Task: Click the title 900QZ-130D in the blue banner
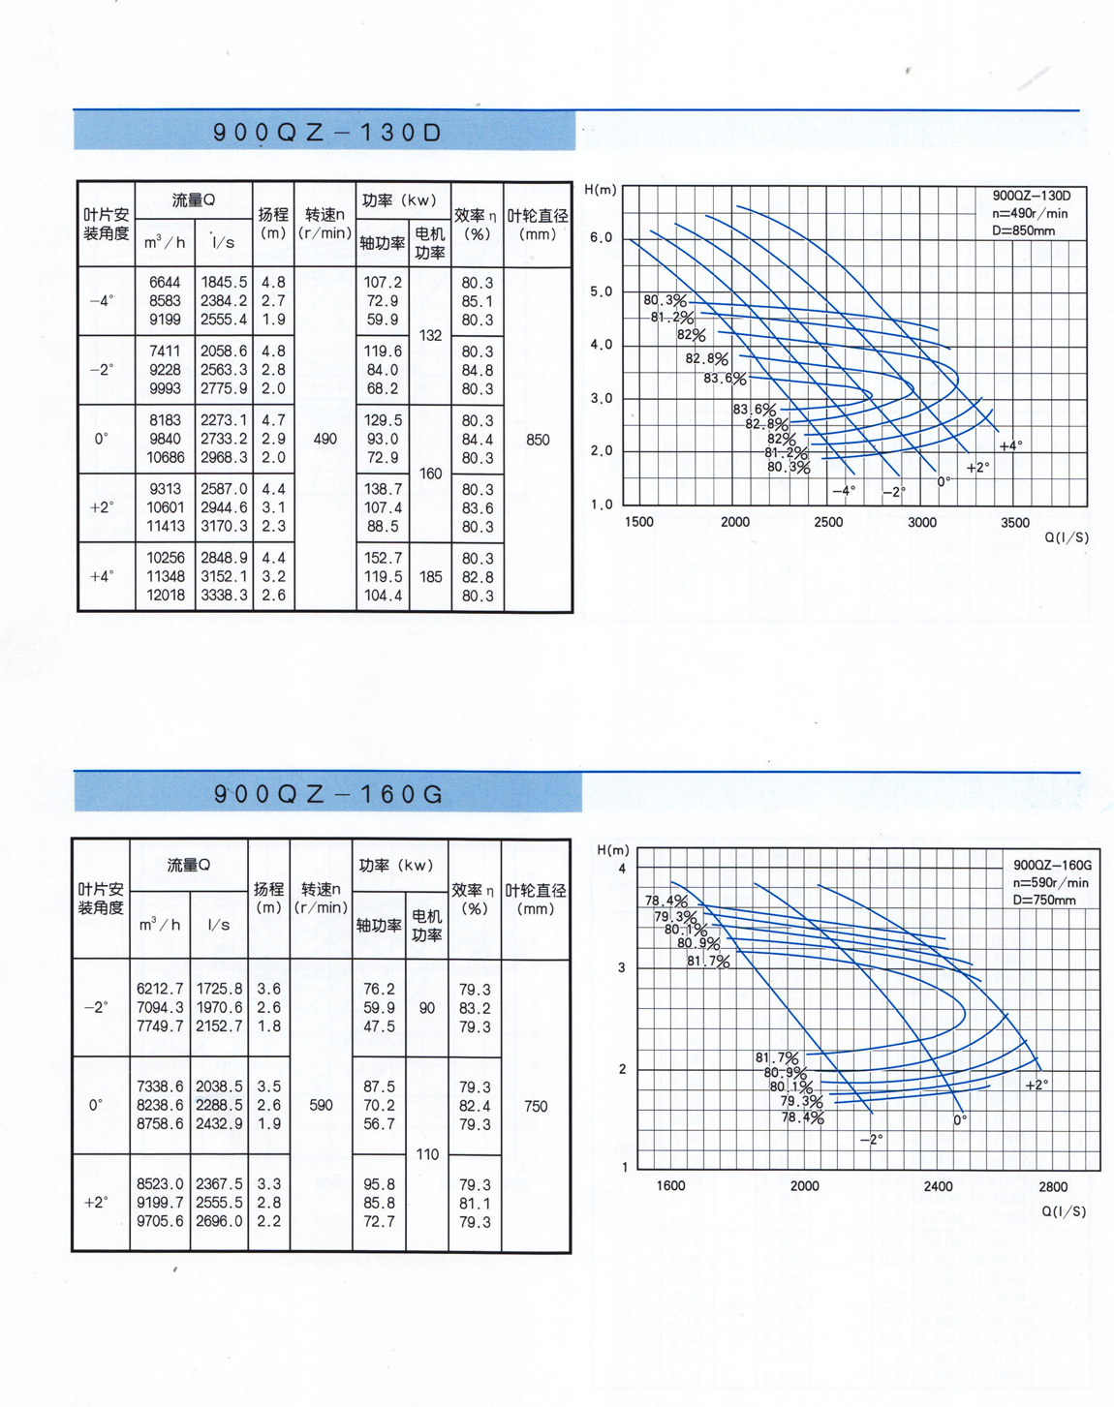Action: click(326, 133)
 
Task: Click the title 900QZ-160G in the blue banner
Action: click(328, 794)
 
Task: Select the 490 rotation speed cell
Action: click(325, 439)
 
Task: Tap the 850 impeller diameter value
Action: click(538, 439)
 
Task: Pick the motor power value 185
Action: click(430, 576)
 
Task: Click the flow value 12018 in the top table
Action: click(166, 595)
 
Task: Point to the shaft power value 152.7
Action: click(383, 558)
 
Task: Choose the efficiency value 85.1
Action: click(477, 301)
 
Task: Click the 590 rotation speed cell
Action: click(321, 1105)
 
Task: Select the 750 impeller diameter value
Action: click(536, 1106)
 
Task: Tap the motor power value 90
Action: click(427, 1008)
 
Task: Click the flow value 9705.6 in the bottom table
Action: click(160, 1221)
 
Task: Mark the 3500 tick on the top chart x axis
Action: click(1014, 522)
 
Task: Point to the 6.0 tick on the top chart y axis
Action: click(602, 237)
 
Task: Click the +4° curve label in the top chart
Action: click(1010, 445)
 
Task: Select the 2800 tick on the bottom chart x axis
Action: click(1053, 1186)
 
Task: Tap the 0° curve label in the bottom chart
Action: click(960, 1119)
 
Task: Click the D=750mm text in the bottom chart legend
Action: click(1044, 900)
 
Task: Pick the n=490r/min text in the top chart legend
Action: click(1030, 213)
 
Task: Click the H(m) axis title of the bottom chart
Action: click(613, 849)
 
